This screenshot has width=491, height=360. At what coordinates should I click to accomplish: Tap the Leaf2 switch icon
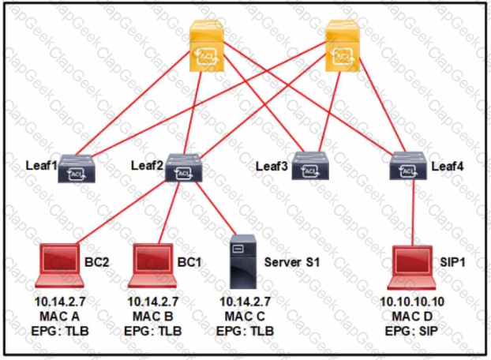(183, 168)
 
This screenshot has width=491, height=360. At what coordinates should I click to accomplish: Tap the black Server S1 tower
(238, 264)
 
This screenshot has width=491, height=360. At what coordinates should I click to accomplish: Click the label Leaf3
(273, 166)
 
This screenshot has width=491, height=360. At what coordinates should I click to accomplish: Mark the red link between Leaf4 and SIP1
(413, 213)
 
